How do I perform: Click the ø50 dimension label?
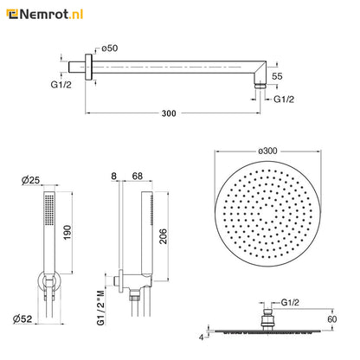click(110, 48)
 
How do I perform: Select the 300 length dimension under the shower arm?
click(169, 113)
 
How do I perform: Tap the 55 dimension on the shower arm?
click(277, 76)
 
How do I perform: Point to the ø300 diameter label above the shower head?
click(267, 151)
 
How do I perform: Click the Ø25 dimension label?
click(30, 181)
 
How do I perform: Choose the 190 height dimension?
click(67, 232)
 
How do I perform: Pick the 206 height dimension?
click(164, 236)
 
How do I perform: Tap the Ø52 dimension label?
click(22, 318)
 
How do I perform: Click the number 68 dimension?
click(137, 176)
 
